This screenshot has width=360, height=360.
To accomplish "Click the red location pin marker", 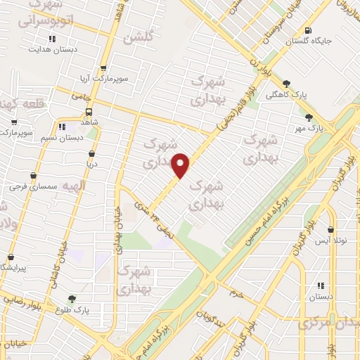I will (181, 166).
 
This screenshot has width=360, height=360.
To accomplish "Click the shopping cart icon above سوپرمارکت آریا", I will (103, 68).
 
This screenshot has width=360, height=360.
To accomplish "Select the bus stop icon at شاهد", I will (89, 111).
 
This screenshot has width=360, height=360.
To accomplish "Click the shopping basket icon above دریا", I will (91, 153).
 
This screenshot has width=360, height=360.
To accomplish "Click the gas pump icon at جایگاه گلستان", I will (309, 30).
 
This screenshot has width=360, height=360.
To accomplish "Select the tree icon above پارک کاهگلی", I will (286, 83).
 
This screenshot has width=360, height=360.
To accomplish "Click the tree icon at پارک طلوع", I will (72, 299).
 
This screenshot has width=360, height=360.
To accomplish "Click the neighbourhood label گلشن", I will (137, 38).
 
